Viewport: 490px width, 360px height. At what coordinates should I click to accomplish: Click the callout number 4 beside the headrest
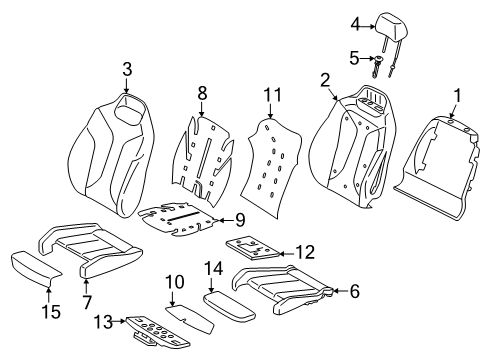tap(356, 24)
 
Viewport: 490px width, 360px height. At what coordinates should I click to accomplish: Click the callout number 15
tap(51, 312)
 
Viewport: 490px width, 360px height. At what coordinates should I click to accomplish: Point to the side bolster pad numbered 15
tap(36, 268)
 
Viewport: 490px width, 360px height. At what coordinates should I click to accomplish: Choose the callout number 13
tap(103, 322)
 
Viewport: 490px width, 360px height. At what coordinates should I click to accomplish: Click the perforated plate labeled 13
tap(157, 333)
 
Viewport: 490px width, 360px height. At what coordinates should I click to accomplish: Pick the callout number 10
tap(174, 282)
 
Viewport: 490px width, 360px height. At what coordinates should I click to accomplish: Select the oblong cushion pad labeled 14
tap(229, 305)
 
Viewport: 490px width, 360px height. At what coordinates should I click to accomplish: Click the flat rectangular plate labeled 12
tap(252, 247)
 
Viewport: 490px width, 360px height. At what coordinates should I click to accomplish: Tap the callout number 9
tap(240, 220)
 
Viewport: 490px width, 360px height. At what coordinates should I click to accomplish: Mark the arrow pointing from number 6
tap(339, 291)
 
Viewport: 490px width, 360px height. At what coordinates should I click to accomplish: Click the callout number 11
tap(273, 95)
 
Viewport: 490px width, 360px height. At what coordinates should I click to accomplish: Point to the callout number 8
tap(202, 93)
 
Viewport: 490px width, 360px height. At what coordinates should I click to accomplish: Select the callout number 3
tap(127, 69)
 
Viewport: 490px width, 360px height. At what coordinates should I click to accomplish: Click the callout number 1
tap(458, 96)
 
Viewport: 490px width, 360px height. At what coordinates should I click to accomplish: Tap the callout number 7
tap(87, 302)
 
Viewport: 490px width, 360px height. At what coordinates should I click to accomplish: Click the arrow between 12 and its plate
tap(286, 254)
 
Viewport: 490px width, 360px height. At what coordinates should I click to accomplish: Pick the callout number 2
tap(325, 80)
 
